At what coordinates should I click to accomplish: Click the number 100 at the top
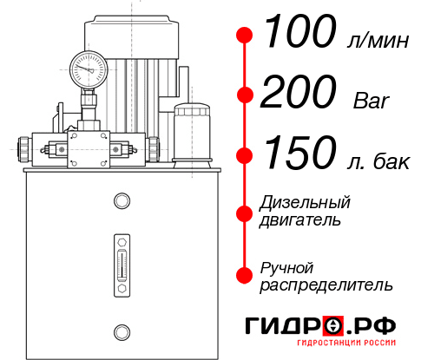click(x=299, y=33)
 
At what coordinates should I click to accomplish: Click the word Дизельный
click(x=306, y=203)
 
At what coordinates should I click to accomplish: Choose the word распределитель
click(x=326, y=285)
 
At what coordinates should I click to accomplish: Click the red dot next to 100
click(x=245, y=35)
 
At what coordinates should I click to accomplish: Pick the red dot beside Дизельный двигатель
click(x=245, y=212)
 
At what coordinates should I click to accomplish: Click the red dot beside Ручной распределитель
click(x=245, y=275)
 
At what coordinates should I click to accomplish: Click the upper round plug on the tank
click(x=121, y=202)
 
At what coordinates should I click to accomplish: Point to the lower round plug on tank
click(x=121, y=330)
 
